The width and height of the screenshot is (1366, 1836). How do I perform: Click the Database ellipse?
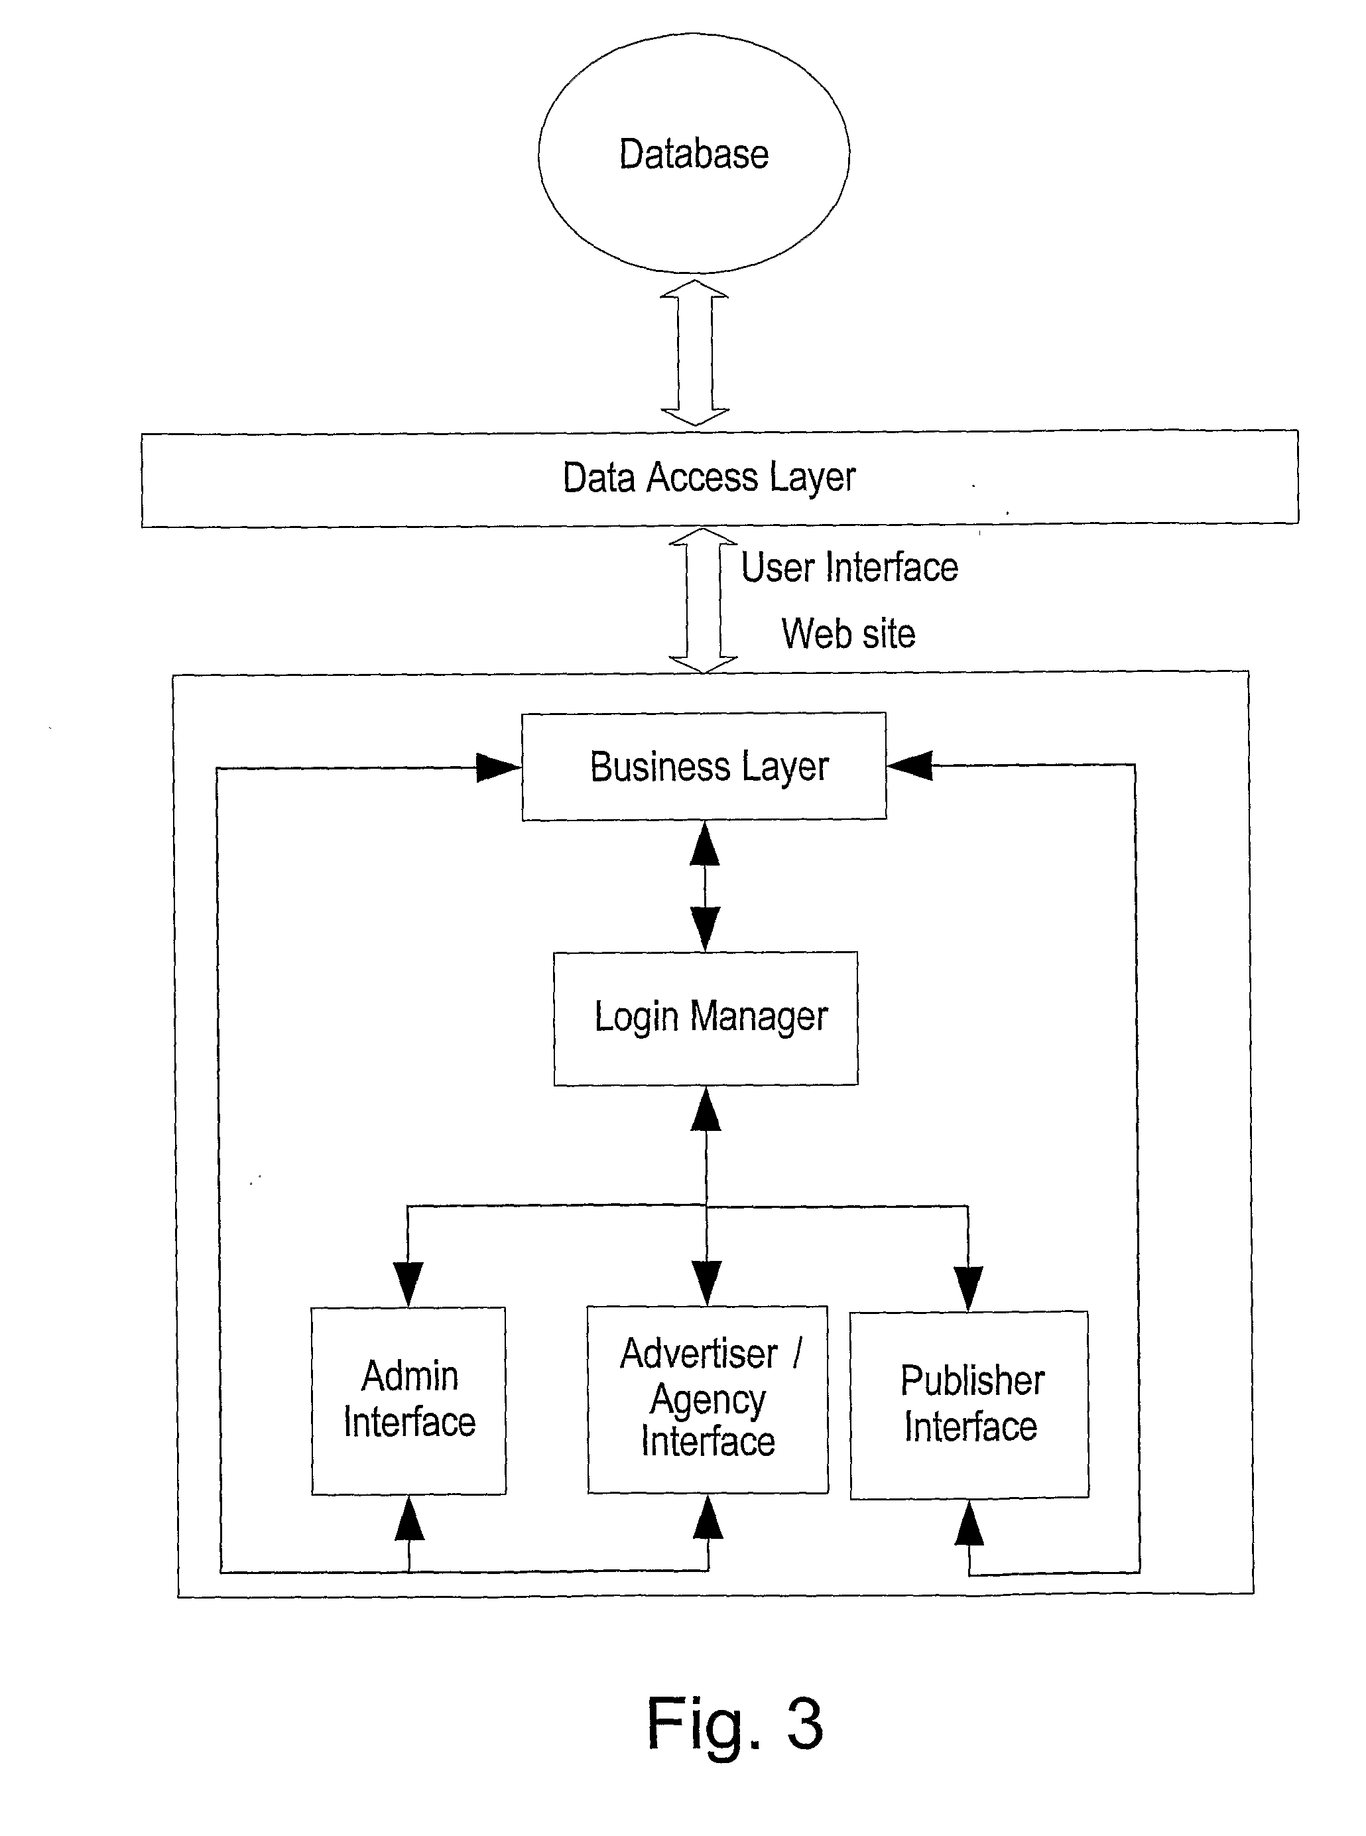(694, 154)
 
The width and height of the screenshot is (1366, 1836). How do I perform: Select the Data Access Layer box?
(719, 478)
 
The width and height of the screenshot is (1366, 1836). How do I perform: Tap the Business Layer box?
(704, 767)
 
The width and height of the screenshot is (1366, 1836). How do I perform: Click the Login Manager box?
(706, 1017)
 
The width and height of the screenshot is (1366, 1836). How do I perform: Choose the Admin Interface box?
(408, 1400)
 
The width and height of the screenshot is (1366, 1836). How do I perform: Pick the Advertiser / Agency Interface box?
(708, 1400)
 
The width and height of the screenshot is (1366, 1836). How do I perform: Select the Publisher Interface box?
(969, 1404)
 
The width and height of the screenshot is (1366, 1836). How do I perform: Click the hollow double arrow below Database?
(694, 352)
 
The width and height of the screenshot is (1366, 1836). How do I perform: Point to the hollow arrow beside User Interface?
(703, 600)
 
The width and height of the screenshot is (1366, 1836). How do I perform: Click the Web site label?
(848, 634)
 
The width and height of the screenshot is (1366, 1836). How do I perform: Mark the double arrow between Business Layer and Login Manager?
(704, 885)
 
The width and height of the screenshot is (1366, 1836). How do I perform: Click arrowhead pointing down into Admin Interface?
(408, 1283)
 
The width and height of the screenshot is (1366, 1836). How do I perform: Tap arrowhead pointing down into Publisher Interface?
(968, 1287)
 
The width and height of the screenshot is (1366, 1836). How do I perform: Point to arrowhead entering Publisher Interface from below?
(969, 1524)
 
